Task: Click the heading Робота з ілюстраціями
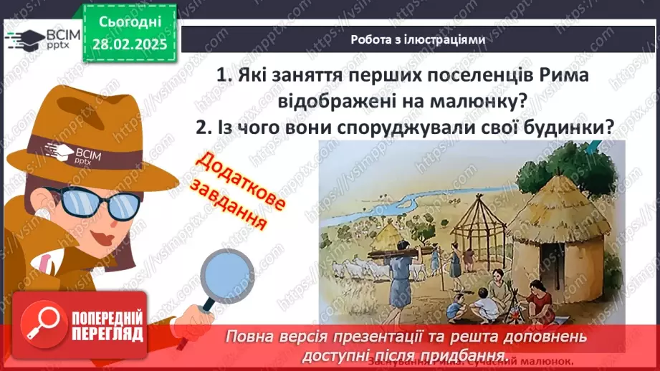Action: click(418, 40)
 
